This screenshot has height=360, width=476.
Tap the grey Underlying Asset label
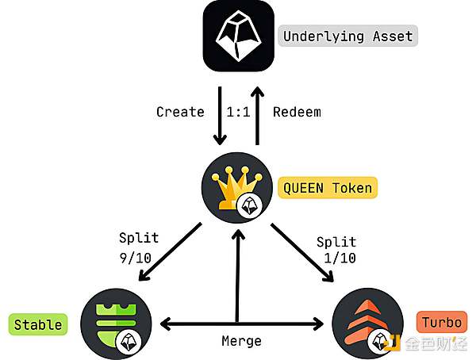tap(348, 36)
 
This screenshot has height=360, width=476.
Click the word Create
tap(180, 112)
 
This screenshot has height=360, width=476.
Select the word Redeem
tap(297, 112)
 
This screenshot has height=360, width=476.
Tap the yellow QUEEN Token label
tap(328, 188)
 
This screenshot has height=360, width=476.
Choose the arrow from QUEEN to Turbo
tap(301, 251)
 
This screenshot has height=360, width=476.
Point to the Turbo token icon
tap(366, 324)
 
